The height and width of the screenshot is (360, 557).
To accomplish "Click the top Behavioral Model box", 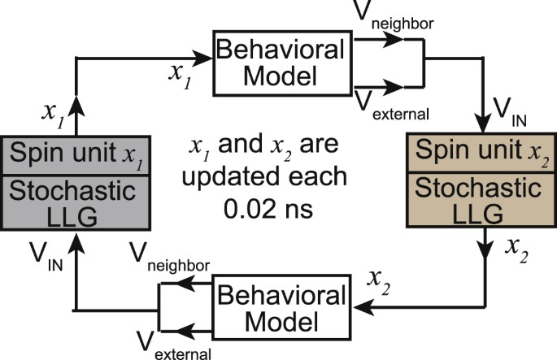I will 267,63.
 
